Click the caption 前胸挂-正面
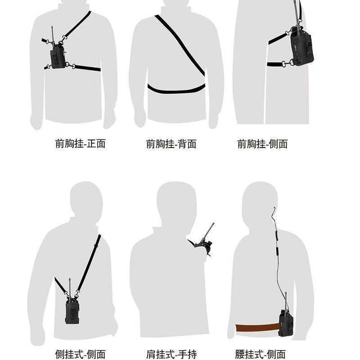click(81, 144)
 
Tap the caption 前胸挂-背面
click(171, 144)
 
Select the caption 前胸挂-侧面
click(262, 144)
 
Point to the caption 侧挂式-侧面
click(81, 355)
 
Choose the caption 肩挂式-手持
click(171, 355)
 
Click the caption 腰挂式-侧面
click(261, 355)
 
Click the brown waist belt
click(257, 328)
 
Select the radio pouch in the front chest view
click(58, 58)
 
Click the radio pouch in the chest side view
click(301, 47)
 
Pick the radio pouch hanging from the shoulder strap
click(72, 310)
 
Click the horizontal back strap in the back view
click(176, 90)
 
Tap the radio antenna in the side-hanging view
click(70, 288)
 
